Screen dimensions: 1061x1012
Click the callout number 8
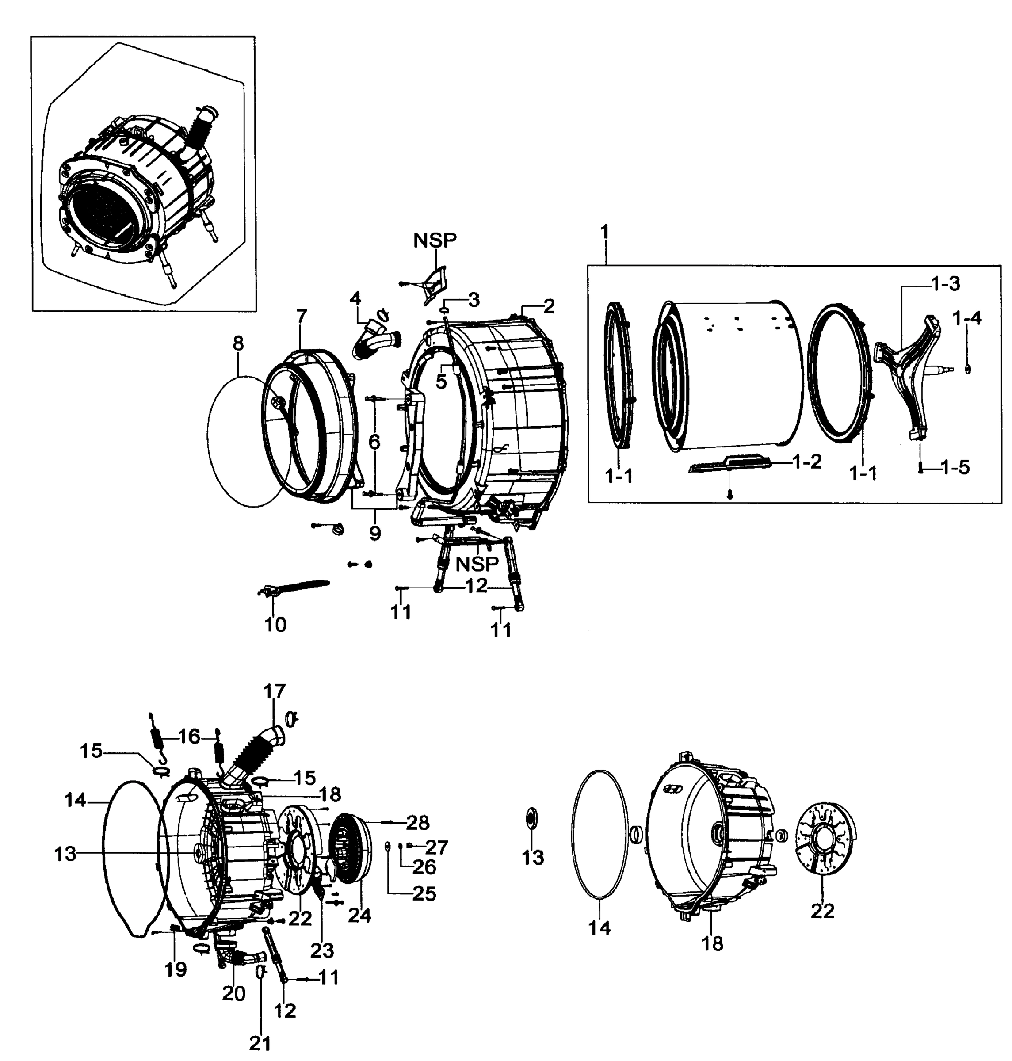pyautogui.click(x=238, y=343)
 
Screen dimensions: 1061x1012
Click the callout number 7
pyautogui.click(x=302, y=316)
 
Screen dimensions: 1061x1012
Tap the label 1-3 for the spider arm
pyautogui.click(x=945, y=284)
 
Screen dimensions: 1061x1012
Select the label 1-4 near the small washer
pyautogui.click(x=967, y=318)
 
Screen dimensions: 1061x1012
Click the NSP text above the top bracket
pyautogui.click(x=435, y=240)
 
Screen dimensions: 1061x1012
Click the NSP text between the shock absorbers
pyautogui.click(x=477, y=564)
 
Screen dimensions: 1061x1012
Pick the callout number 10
pyautogui.click(x=275, y=625)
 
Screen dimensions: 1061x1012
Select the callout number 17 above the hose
pyautogui.click(x=275, y=691)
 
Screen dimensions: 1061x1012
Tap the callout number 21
pyautogui.click(x=260, y=1044)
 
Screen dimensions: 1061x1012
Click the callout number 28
pyautogui.click(x=417, y=823)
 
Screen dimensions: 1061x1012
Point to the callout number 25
pyautogui.click(x=424, y=894)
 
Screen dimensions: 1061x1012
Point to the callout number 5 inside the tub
pyautogui.click(x=441, y=382)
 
